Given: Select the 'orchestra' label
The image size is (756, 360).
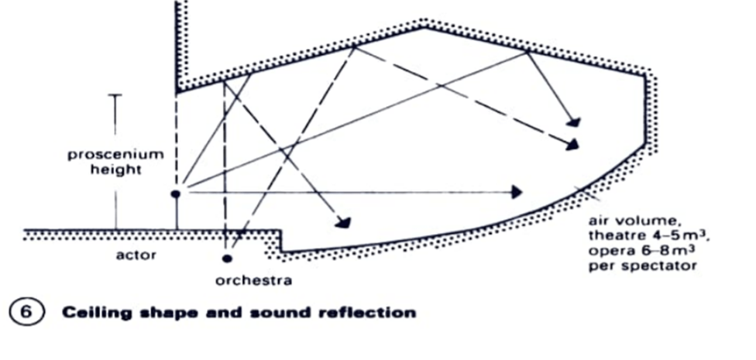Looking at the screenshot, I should point(253,280).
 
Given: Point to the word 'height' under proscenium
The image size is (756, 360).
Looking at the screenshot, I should point(115,170).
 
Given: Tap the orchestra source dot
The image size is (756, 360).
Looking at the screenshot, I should point(227,258).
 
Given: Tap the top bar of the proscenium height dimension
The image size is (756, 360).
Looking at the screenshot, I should point(115,96).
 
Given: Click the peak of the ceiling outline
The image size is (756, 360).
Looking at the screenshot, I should point(423,29).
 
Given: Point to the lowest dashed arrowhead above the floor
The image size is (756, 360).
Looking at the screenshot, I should point(342,223).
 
